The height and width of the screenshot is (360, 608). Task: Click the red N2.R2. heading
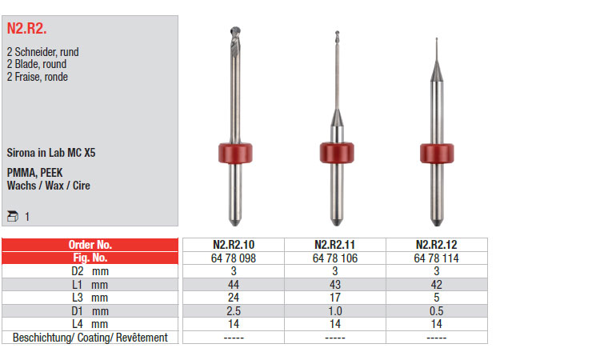tap(26, 28)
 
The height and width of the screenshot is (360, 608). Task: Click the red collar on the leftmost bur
tap(235, 153)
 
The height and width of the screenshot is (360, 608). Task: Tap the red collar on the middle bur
tap(337, 153)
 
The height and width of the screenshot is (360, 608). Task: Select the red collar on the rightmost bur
tap(437, 154)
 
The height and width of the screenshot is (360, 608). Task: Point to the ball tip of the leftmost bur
tap(235, 31)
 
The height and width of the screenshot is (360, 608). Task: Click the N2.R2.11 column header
tap(334, 245)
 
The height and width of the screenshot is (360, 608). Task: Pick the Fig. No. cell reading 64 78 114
tap(436, 258)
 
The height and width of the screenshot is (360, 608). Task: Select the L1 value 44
tap(234, 285)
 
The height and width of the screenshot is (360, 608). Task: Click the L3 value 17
tap(335, 298)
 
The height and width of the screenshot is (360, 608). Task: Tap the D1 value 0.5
tap(436, 311)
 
